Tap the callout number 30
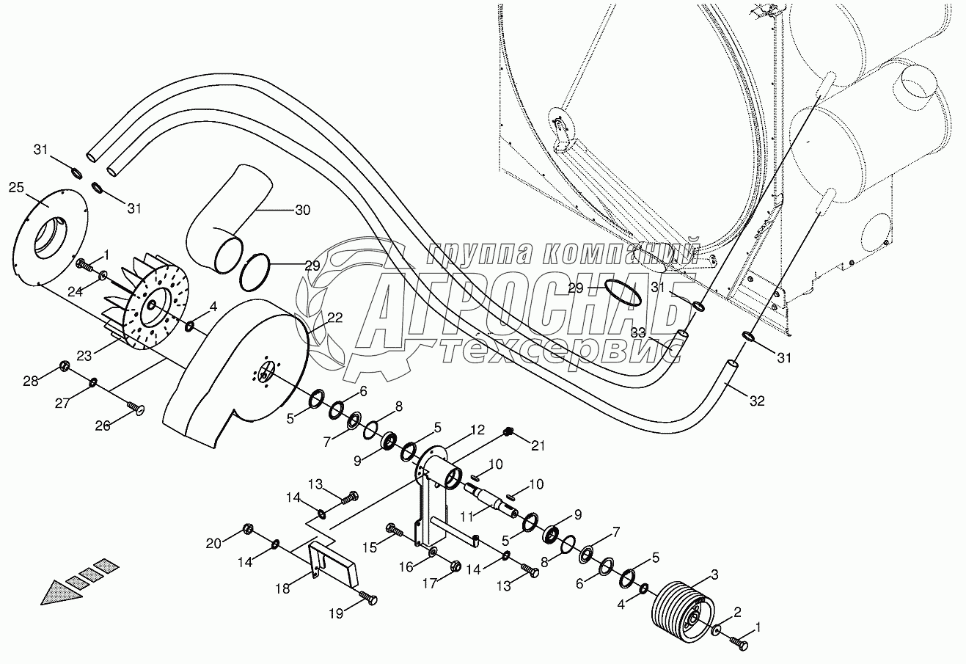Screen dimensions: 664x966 point(301,210)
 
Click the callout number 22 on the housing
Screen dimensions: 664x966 point(334,317)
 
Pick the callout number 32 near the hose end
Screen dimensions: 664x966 point(757,401)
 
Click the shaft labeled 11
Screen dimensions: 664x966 point(495,506)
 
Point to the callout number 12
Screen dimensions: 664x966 point(477,429)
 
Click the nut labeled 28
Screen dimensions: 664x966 point(64,365)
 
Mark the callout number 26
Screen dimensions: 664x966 point(103,425)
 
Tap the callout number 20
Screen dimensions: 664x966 point(213,543)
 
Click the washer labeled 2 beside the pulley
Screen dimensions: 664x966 point(715,630)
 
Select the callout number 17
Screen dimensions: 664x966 point(428,583)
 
